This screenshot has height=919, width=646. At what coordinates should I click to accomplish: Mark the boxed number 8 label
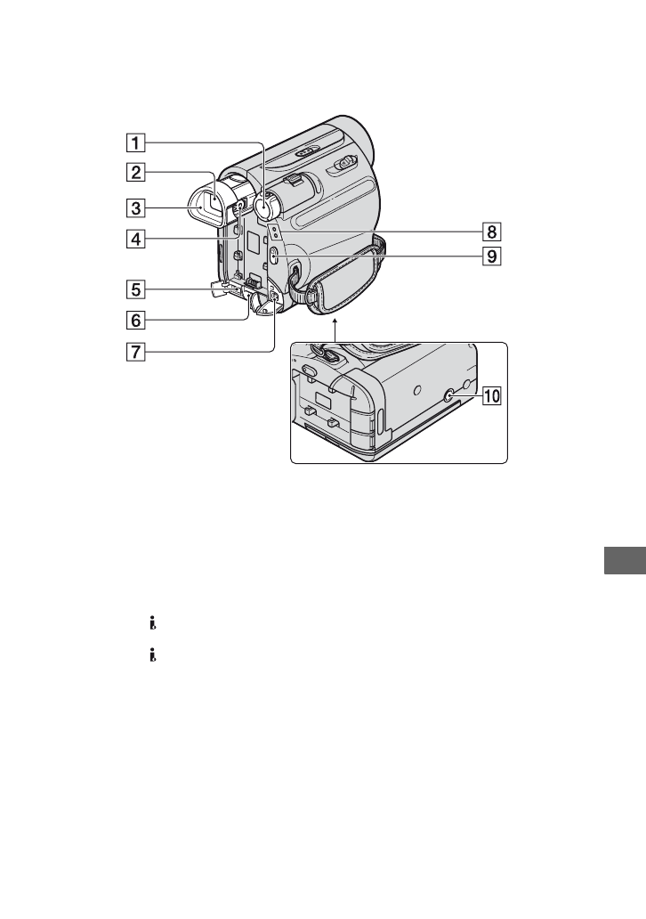pos(489,232)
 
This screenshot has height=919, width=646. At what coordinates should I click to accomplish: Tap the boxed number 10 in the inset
pos(490,397)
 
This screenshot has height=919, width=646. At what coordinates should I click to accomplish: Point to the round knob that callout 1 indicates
pos(263,207)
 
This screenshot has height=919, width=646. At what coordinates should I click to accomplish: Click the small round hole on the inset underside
pos(417,389)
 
